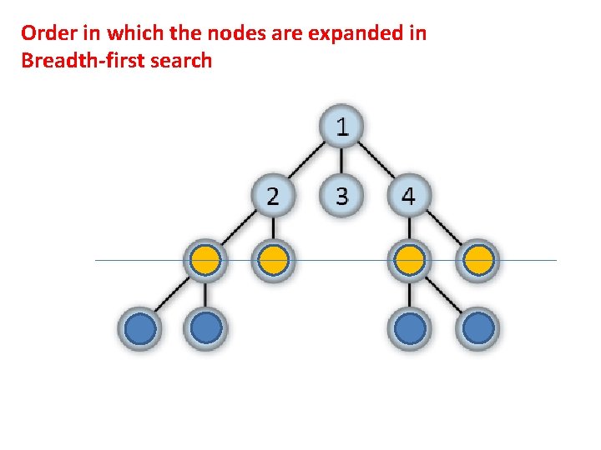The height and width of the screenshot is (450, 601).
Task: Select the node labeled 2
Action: point(274,196)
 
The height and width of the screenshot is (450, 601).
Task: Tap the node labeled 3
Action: point(341,196)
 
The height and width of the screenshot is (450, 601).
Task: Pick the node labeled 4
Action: point(409,196)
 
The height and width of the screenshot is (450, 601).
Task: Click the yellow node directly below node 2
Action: point(274,262)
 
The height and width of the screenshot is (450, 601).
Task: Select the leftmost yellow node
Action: point(205,262)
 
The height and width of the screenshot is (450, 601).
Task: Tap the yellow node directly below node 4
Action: point(409,262)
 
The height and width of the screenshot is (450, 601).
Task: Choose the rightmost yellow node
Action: point(477,262)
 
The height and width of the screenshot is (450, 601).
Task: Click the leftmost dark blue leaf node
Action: point(140,328)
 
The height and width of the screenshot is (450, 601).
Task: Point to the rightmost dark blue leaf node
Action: point(477,328)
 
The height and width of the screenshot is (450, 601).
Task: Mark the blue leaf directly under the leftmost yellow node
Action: point(206,328)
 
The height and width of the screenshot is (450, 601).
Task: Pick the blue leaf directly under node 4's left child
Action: point(409,328)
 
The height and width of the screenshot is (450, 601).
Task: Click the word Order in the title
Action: point(47,33)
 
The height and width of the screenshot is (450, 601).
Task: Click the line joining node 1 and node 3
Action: point(341,162)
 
